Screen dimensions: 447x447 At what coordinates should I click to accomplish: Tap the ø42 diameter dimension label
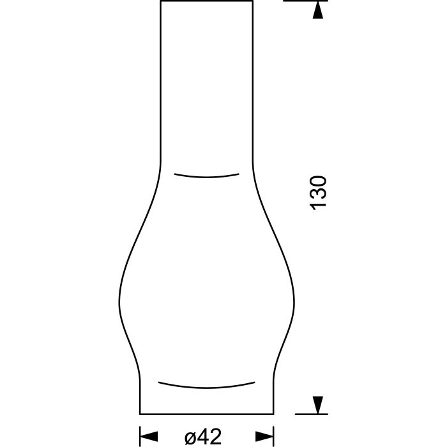pyautogui.click(x=203, y=436)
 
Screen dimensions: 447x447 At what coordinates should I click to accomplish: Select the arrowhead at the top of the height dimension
pyautogui.click(x=317, y=10)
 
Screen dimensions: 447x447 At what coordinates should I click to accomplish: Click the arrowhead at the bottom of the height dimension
pyautogui.click(x=317, y=405)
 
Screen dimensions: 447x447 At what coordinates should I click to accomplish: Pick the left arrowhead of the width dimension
pyautogui.click(x=148, y=436)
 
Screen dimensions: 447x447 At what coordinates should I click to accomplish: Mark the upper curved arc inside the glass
pyautogui.click(x=207, y=176)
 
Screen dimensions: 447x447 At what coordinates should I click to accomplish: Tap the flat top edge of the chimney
pyautogui.click(x=206, y=1)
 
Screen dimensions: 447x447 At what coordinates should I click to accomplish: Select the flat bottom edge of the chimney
pyautogui.click(x=206, y=413)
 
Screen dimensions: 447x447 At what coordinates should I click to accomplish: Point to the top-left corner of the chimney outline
pyautogui.click(x=160, y=1)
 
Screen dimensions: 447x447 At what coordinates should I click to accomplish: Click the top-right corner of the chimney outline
pyautogui.click(x=253, y=1)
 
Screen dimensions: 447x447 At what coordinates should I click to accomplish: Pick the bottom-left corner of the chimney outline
pyautogui.click(x=140, y=413)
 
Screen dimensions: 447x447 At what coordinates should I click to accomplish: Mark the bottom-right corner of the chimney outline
pyautogui.click(x=273, y=413)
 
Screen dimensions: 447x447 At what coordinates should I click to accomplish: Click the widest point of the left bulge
pyautogui.click(x=119, y=300)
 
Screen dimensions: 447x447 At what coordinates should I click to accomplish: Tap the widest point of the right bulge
pyautogui.click(x=294, y=300)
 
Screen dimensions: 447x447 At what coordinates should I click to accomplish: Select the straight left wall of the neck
pyautogui.click(x=160, y=83)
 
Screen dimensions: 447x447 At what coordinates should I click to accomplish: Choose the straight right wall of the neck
pyautogui.click(x=253, y=83)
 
